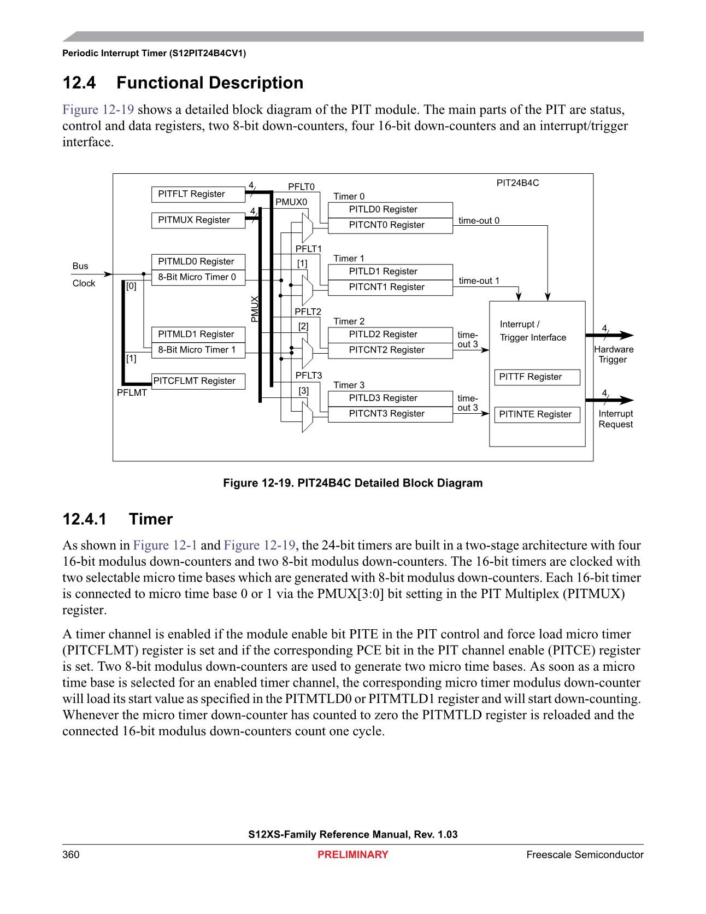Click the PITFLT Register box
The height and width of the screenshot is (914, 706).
198,195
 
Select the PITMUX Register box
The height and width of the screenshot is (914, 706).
198,220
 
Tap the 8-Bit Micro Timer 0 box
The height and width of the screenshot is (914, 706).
198,277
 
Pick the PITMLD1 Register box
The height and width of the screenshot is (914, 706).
198,334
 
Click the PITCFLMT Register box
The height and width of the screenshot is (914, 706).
198,381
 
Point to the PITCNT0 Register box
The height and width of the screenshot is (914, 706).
390,225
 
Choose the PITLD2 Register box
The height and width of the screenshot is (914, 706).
390,335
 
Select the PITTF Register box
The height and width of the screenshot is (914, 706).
537,377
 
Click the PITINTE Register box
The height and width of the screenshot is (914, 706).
537,414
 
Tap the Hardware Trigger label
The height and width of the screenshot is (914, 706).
613,355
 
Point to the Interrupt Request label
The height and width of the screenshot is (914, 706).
615,419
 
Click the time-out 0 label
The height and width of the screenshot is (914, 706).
479,221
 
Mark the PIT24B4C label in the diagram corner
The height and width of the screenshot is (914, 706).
517,183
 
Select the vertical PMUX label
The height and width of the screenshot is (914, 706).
254,309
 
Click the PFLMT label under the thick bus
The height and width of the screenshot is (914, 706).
132,393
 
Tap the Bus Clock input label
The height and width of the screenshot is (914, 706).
83,274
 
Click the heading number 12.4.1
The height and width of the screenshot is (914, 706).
84,519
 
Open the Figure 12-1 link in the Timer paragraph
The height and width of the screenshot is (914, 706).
165,546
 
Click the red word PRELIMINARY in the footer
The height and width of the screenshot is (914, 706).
352,855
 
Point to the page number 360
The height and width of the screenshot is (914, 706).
71,855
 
